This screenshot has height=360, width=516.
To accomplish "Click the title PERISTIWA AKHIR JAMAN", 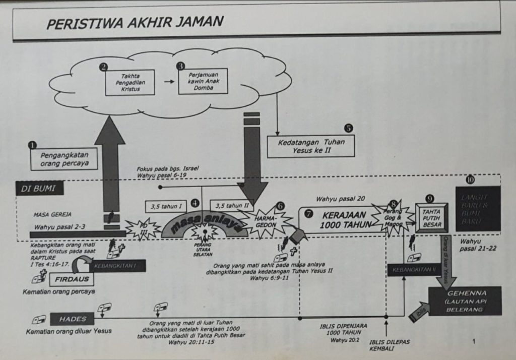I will (135, 23).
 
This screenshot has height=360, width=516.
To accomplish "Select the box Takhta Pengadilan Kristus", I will (130, 82).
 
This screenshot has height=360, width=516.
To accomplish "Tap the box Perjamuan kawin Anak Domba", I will (203, 82).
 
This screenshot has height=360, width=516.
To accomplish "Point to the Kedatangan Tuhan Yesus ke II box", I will (311, 146).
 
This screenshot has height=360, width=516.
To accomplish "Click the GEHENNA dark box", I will (465, 301).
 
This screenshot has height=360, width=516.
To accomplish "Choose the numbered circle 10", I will (470, 178).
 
